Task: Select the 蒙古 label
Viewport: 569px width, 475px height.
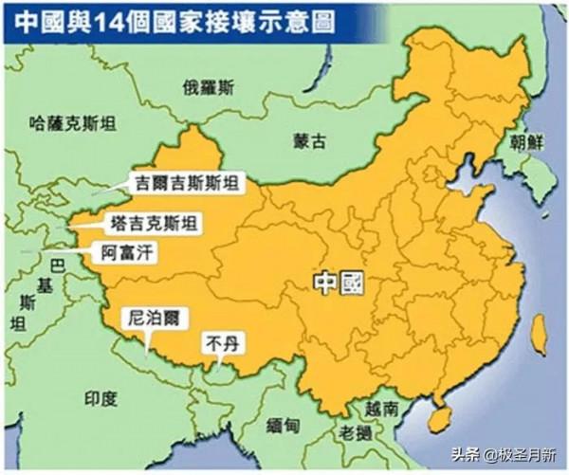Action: point(308,140)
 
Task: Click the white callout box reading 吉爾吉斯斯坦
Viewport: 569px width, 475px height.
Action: point(187,180)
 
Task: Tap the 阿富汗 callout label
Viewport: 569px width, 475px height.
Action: point(130,253)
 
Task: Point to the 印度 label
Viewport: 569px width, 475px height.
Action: point(101,397)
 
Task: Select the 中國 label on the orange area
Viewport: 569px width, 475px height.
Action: point(340,283)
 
